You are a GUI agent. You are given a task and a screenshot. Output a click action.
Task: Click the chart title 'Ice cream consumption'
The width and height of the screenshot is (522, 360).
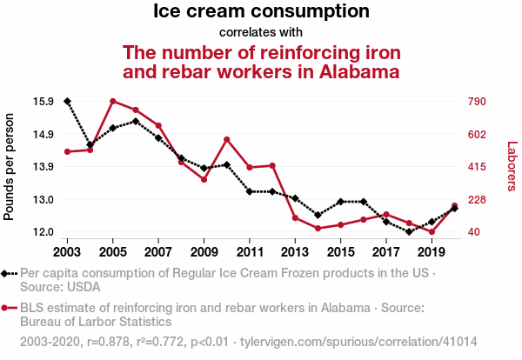click(x=261, y=12)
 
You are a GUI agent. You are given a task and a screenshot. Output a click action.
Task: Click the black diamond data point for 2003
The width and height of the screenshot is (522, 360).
click(x=67, y=102)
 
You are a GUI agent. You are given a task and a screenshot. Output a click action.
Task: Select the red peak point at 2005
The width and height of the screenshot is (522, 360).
click(x=113, y=102)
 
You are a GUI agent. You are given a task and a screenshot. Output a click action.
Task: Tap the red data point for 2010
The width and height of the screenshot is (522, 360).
click(x=227, y=140)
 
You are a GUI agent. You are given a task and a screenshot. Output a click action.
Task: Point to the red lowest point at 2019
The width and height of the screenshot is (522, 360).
click(x=432, y=232)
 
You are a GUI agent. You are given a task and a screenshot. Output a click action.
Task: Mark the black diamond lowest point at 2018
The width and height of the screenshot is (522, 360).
click(x=409, y=232)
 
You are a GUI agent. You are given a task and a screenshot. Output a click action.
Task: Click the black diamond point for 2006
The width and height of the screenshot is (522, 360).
click(x=136, y=122)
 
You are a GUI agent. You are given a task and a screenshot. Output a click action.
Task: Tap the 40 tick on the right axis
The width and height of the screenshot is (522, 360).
click(x=475, y=232)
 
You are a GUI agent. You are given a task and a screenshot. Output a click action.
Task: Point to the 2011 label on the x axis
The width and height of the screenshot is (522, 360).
click(x=250, y=252)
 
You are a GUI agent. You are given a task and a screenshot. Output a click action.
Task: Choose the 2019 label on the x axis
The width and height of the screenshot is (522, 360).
click(x=432, y=252)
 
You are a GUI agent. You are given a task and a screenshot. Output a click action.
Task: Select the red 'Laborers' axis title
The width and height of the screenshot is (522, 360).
click(x=512, y=166)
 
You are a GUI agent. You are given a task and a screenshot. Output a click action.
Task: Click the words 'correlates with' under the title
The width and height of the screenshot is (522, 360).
click(x=261, y=33)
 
